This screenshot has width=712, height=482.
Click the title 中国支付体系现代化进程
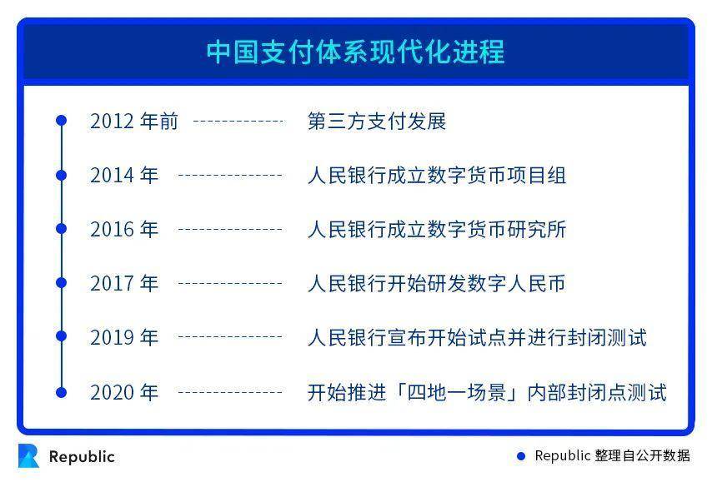[x=355, y=52]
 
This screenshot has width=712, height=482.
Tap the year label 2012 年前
[x=134, y=122]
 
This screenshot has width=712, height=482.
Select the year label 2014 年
[x=124, y=176]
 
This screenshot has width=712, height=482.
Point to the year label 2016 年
[x=124, y=230]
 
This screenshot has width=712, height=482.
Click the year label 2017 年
[x=124, y=284]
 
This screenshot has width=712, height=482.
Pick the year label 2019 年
[x=124, y=338]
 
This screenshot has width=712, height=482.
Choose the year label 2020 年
[x=124, y=392]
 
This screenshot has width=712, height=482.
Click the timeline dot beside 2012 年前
[x=61, y=121]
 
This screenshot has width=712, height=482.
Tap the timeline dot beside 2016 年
[x=61, y=229]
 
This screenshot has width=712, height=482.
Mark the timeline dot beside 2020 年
[x=61, y=391]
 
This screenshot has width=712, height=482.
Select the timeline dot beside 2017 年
[x=61, y=283]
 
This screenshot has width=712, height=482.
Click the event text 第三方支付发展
[x=377, y=122]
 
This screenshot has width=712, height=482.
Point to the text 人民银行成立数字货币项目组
[x=436, y=176]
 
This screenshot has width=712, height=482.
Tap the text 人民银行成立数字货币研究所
[x=436, y=230]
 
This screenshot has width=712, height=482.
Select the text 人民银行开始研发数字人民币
[x=436, y=284]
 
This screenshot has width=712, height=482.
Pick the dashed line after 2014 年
[x=230, y=176]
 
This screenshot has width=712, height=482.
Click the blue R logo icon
[x=28, y=456]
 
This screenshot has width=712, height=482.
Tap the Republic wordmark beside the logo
[x=82, y=457]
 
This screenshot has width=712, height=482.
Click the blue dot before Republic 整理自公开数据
[x=521, y=456]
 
